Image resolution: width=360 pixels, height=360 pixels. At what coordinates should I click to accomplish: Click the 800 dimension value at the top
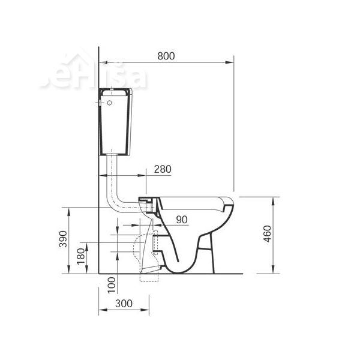click(x=166, y=56)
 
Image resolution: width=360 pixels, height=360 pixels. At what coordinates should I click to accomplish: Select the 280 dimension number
click(x=162, y=169)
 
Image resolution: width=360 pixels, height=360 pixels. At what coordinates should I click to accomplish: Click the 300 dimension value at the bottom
click(x=124, y=304)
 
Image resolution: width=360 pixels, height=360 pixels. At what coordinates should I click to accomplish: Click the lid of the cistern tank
click(x=115, y=92)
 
